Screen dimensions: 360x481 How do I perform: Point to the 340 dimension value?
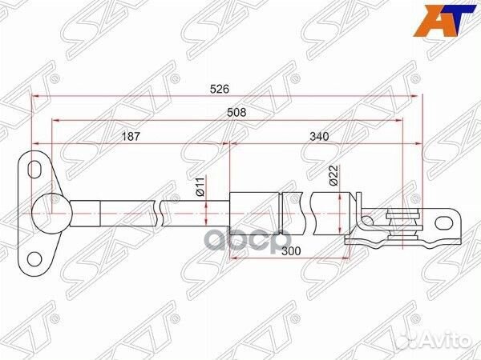pyautogui.click(x=318, y=136)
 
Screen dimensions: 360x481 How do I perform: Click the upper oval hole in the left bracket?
pyautogui.click(x=34, y=169)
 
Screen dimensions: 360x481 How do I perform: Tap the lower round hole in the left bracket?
pyautogui.click(x=34, y=257)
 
